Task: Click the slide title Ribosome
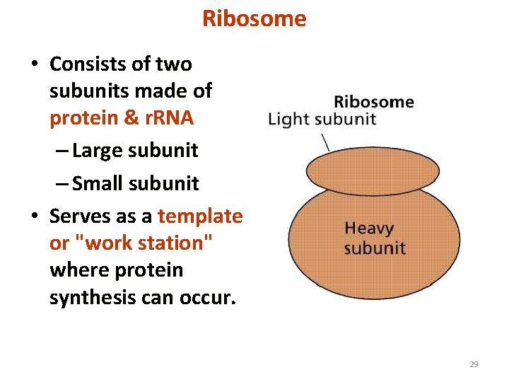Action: (255, 18)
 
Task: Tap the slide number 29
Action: (474, 364)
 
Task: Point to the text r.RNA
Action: (165, 118)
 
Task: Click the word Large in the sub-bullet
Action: (99, 151)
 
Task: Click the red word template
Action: (200, 216)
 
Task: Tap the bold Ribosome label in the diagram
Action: (373, 101)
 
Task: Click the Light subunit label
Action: (322, 119)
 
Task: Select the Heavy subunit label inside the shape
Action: (375, 238)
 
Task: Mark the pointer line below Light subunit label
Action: (324, 141)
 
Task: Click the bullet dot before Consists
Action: (34, 65)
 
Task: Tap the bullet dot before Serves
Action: (34, 216)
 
